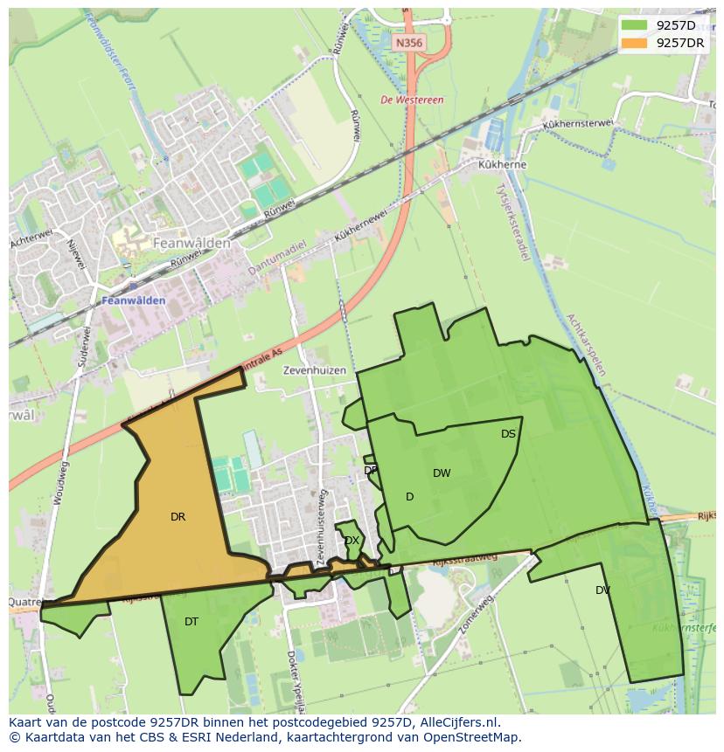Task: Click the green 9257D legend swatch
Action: click(x=636, y=25)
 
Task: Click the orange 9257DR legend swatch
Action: click(x=636, y=43)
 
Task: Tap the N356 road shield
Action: click(x=408, y=42)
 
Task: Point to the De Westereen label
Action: click(x=412, y=100)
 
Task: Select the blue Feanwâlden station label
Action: click(x=134, y=300)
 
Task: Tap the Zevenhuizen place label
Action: click(x=314, y=370)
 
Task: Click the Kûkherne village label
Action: click(x=501, y=164)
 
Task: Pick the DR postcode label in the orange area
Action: click(x=178, y=517)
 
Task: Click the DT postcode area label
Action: click(x=191, y=622)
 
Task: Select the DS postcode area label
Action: click(x=508, y=434)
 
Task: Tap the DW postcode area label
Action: click(x=442, y=473)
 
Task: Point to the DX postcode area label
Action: click(x=352, y=541)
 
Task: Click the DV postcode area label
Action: click(x=602, y=590)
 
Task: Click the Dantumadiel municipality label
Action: click(x=276, y=258)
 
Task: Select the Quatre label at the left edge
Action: click(x=24, y=602)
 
